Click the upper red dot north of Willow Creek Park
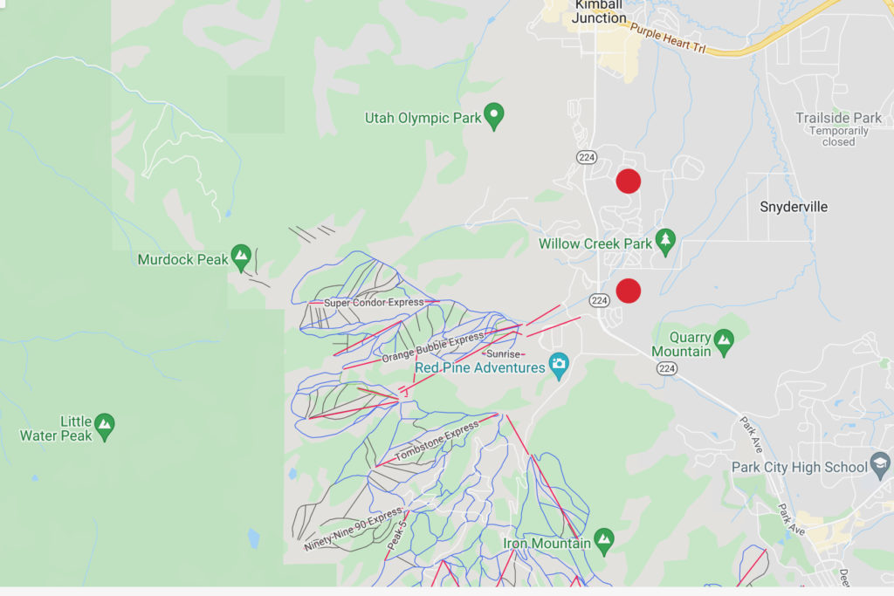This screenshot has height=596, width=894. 628,181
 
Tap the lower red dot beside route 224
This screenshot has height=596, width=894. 628,291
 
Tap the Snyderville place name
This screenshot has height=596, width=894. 794,207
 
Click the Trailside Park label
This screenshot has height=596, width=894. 838,118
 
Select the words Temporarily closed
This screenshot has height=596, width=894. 838,136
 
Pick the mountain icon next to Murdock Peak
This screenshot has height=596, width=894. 242,257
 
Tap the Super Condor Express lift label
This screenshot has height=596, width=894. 374,303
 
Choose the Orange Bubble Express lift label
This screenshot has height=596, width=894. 433,347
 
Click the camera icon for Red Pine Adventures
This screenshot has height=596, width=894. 558,363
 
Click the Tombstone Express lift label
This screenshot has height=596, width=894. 437,442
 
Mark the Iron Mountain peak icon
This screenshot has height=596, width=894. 603,539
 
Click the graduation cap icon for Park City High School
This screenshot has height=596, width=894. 881,465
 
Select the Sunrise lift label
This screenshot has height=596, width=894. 503,354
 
